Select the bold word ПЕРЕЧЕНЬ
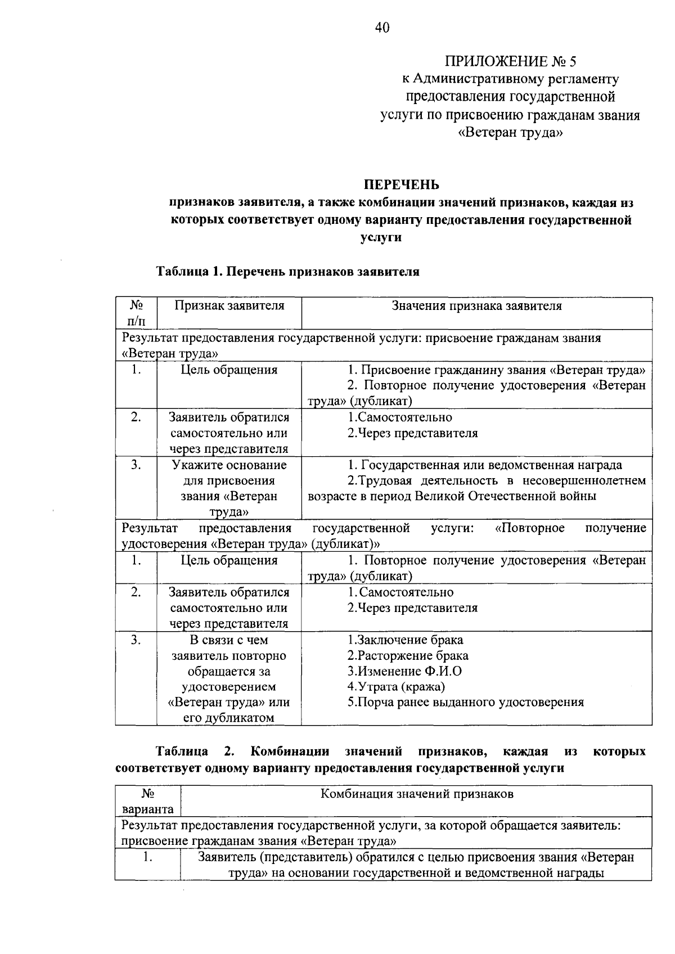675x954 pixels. point(401,184)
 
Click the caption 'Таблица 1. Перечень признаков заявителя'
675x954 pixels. point(287,272)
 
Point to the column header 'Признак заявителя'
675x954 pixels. point(229,306)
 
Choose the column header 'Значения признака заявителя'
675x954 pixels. point(476,306)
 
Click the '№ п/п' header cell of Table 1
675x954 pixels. point(136,313)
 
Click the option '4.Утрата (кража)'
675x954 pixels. point(396,687)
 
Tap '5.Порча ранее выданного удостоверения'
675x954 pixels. point(465,703)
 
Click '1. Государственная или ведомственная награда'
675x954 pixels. point(484,465)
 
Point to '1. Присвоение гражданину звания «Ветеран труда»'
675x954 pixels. point(496,370)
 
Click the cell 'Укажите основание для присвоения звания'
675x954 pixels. point(229,488)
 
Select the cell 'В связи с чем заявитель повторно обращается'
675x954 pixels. point(229,678)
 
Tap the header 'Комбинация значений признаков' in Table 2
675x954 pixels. point(416,794)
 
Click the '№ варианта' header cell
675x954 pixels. point(148,802)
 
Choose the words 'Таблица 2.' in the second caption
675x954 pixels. point(194,752)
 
